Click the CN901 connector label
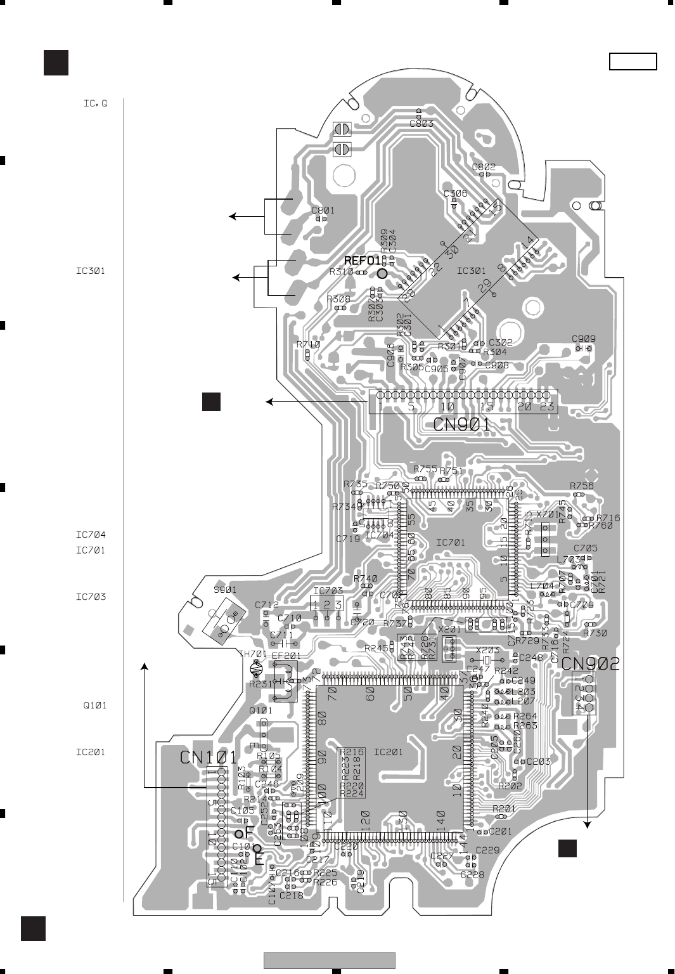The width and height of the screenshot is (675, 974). (x=462, y=424)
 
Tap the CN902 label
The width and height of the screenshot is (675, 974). (x=590, y=663)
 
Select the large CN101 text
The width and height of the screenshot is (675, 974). (x=209, y=757)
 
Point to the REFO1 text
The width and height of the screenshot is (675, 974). (x=363, y=261)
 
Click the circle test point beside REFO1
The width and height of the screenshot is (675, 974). (x=382, y=273)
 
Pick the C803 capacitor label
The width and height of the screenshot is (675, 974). (x=421, y=123)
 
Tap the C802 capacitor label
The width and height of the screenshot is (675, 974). (x=484, y=167)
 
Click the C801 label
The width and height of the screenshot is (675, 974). (x=323, y=211)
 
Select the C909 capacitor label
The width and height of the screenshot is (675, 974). (x=583, y=339)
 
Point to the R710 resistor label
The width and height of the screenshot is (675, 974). (x=308, y=345)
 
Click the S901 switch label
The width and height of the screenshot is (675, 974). (x=225, y=590)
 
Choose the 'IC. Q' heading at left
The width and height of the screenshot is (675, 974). (x=95, y=103)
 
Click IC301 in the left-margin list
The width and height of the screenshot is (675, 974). (x=91, y=271)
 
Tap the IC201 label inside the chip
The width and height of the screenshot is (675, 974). (x=389, y=753)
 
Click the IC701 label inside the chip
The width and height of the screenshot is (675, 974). (x=451, y=543)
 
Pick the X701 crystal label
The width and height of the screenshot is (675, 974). (x=548, y=515)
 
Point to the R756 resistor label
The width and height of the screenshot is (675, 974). (x=581, y=486)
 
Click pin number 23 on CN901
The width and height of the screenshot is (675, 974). (x=546, y=408)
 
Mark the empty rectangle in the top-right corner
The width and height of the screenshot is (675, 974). (x=633, y=62)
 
